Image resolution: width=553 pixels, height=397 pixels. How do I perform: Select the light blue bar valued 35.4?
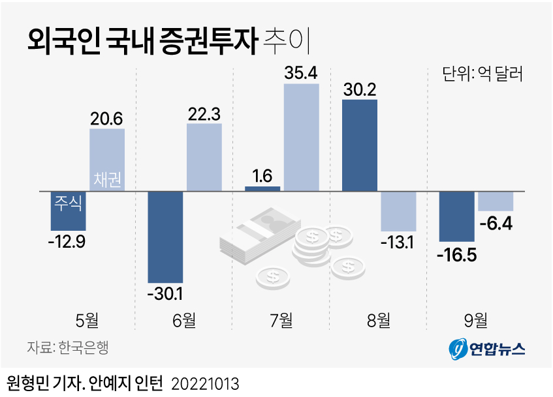[x=301, y=137]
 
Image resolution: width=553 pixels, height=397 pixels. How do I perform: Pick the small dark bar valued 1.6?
[x=262, y=188]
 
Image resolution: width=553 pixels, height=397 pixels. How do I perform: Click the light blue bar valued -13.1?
[x=398, y=211]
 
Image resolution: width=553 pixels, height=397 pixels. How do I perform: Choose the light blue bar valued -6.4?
[x=496, y=201]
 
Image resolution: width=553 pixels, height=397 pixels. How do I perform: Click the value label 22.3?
[x=204, y=112]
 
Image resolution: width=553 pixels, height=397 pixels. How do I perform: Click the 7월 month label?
[x=281, y=319]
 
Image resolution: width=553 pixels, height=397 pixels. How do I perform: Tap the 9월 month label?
[x=475, y=319]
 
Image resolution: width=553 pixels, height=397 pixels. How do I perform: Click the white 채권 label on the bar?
[x=107, y=179]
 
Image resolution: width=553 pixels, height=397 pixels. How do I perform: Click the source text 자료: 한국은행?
[x=67, y=347]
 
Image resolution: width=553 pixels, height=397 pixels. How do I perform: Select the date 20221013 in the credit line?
[x=205, y=383]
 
